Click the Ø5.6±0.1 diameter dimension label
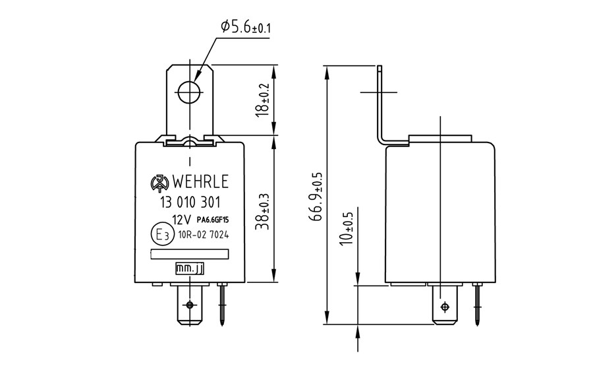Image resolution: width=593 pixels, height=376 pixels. point(246,26)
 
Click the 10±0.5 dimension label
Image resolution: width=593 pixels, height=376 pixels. point(346,228)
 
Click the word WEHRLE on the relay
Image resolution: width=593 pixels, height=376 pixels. point(200,182)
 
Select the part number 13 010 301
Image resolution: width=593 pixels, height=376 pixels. point(190,203)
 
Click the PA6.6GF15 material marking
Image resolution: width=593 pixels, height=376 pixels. point(213,219)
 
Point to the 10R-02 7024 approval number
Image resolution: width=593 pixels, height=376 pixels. point(204,235)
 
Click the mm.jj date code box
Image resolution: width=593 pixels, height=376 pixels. point(190,269)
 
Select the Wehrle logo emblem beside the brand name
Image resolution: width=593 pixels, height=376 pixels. point(159,183)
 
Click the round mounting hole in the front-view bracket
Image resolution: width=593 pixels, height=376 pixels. point(189,92)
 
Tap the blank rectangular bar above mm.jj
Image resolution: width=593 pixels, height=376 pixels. point(190,255)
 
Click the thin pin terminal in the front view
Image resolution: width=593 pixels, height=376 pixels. point(222,304)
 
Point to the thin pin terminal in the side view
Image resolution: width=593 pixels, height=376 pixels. point(477,304)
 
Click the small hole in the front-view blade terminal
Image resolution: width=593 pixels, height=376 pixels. point(190,305)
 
